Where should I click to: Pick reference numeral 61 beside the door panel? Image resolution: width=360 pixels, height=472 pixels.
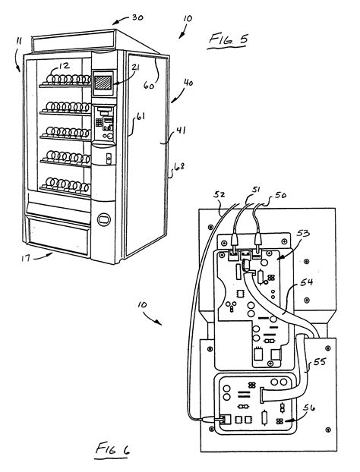pos(140,118)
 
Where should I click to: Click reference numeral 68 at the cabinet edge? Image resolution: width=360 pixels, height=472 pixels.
pos(179,166)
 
